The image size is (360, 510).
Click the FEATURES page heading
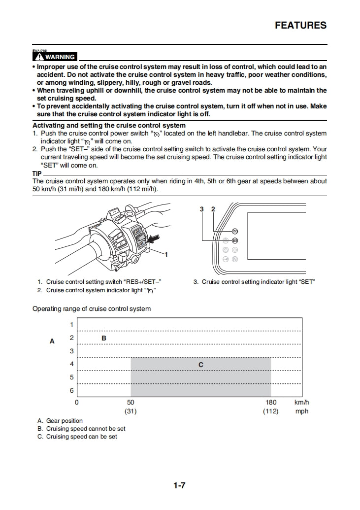pyautogui.click(x=300, y=26)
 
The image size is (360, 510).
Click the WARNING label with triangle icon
pyautogui.click(x=54, y=57)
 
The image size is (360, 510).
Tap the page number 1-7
pyautogui.click(x=179, y=485)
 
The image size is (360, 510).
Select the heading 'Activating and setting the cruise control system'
pyautogui.click(x=109, y=126)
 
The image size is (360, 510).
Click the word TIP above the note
pyautogui.click(x=37, y=174)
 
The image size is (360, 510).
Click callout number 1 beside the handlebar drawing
pyautogui.click(x=166, y=255)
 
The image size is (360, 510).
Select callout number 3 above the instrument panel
pyautogui.click(x=202, y=209)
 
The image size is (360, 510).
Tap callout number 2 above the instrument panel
pyautogui.click(x=213, y=209)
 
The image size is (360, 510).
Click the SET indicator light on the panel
pyautogui.click(x=234, y=240)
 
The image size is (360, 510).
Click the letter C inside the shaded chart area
pyautogui.click(x=201, y=365)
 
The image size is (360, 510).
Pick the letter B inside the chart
pyautogui.click(x=104, y=338)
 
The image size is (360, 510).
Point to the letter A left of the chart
pyautogui.click(x=52, y=341)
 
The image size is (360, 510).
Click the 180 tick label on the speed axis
pyautogui.click(x=271, y=403)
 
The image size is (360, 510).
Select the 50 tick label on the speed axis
pyautogui.click(x=131, y=403)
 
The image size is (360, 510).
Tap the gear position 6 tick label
pyautogui.click(x=71, y=391)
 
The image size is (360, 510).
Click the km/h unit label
pyautogui.click(x=301, y=403)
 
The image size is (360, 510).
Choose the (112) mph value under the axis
pyautogui.click(x=271, y=411)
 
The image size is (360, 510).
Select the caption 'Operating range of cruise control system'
pyautogui.click(x=92, y=309)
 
